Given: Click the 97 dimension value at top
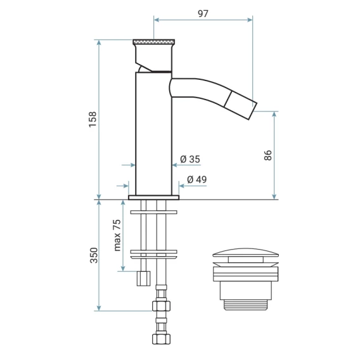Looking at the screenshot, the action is pyautogui.click(x=203, y=14).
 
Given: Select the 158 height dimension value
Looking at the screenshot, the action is pyautogui.click(x=93, y=119).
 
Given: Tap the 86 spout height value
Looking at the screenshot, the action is pyautogui.click(x=268, y=155).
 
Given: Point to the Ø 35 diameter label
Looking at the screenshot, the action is pyautogui.click(x=190, y=159).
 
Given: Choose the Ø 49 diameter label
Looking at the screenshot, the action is pyautogui.click(x=196, y=179).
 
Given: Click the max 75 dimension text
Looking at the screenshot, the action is pyautogui.click(x=117, y=235).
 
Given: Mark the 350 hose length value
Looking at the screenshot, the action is pyautogui.click(x=94, y=255).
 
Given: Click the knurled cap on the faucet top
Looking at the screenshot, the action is pyautogui.click(x=154, y=42).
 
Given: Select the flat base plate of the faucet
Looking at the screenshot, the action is pyautogui.click(x=154, y=198).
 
